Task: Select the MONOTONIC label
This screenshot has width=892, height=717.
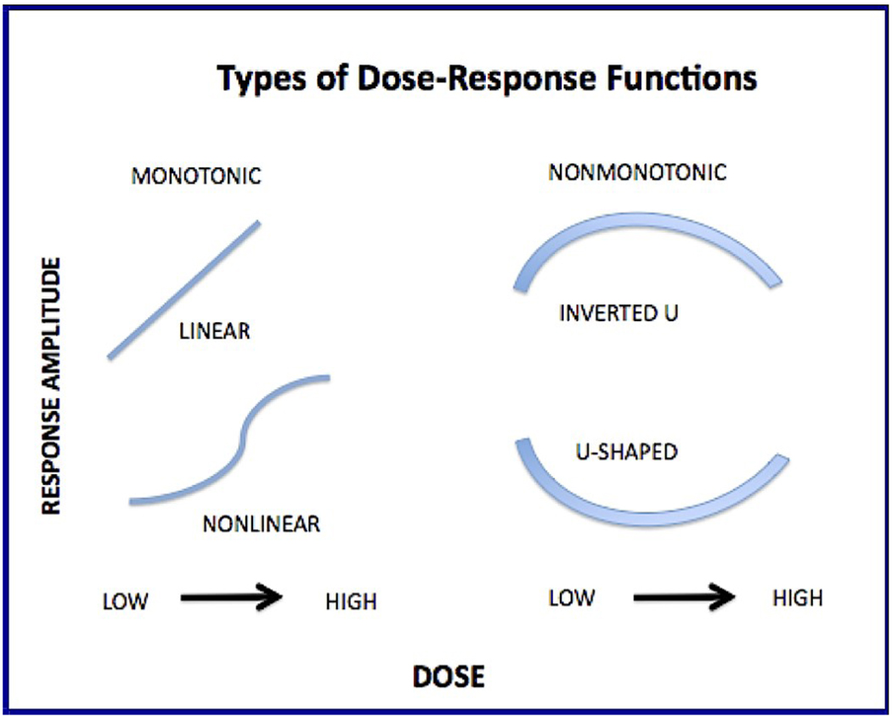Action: click(196, 178)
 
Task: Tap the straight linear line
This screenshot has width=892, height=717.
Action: click(183, 290)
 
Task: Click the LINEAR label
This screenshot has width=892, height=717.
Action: click(214, 331)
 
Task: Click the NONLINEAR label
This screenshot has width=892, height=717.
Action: click(261, 524)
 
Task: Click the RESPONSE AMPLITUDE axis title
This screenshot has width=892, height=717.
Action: click(52, 387)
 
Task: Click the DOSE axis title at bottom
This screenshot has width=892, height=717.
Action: click(449, 676)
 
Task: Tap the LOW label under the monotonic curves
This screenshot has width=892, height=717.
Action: click(125, 601)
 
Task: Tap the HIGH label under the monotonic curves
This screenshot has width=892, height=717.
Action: click(350, 601)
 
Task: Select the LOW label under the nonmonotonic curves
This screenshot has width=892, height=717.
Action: click(571, 598)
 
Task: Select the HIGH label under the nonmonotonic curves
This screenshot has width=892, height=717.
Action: click(797, 598)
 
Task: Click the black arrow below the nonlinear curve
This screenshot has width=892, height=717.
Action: click(231, 598)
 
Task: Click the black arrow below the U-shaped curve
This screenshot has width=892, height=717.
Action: click(684, 598)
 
